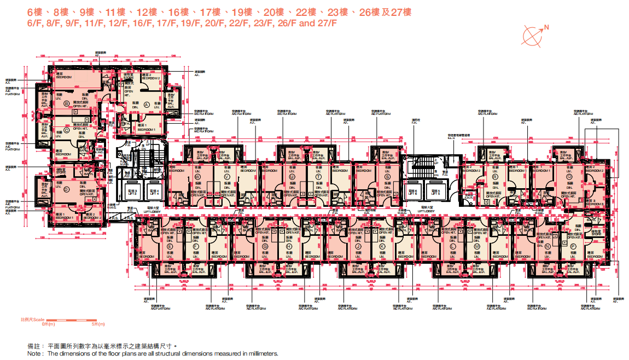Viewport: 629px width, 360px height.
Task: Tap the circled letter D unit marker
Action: pyautogui.click(x=66, y=189)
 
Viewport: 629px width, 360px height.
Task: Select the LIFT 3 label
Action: pyautogui.click(x=131, y=193)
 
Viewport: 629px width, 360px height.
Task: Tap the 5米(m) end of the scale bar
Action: pyautogui.click(x=96, y=324)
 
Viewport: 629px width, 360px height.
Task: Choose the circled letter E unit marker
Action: pyautogui.click(x=170, y=247)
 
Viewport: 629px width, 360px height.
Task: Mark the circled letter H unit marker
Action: pyautogui.click(x=289, y=247)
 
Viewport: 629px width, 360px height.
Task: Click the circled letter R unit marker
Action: pyautogui.click(x=495, y=177)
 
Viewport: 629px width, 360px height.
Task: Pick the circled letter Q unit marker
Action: pyautogui.click(x=569, y=177)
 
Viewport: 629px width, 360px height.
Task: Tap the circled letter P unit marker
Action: pyautogui.click(x=573, y=247)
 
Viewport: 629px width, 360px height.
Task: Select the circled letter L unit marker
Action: pyautogui.click(x=452, y=247)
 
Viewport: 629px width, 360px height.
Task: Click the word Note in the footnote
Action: pyautogui.click(x=35, y=353)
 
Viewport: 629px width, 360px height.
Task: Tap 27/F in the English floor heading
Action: pyautogui.click(x=327, y=24)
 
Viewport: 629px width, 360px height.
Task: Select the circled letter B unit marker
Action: pyautogui.click(x=67, y=103)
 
